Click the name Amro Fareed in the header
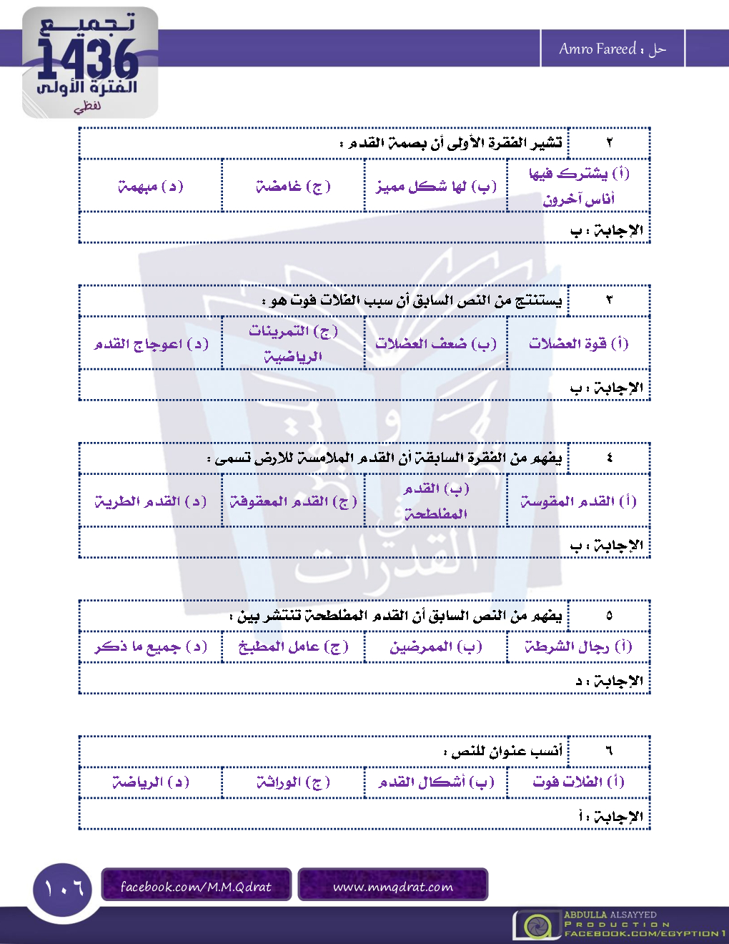click(597, 49)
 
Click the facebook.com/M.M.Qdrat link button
click(196, 887)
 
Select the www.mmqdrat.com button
click(393, 887)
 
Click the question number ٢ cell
click(609, 143)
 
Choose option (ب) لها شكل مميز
click(436, 187)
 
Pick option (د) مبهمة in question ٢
click(151, 187)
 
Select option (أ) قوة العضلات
click(579, 343)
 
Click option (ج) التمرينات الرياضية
click(293, 343)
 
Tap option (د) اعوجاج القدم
click(151, 344)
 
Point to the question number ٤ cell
click(609, 458)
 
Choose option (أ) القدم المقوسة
click(579, 501)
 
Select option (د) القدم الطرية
click(151, 501)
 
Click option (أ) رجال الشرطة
click(579, 646)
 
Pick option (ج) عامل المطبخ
click(293, 646)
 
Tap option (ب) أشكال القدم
click(436, 782)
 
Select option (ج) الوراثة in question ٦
click(293, 782)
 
